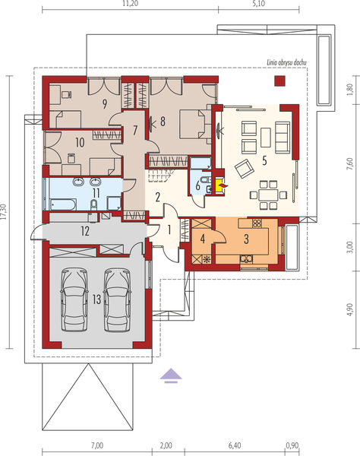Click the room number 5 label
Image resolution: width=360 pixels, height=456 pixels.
(x=264, y=160)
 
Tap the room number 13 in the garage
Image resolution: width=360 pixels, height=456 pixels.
(x=96, y=299)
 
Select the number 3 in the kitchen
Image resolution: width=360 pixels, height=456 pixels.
(x=247, y=238)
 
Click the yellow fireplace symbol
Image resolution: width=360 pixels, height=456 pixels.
(x=220, y=183)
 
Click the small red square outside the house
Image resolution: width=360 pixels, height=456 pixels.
(x=279, y=80)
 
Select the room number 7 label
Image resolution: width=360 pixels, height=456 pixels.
(x=136, y=127)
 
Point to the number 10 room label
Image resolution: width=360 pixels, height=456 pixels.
(x=78, y=141)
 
